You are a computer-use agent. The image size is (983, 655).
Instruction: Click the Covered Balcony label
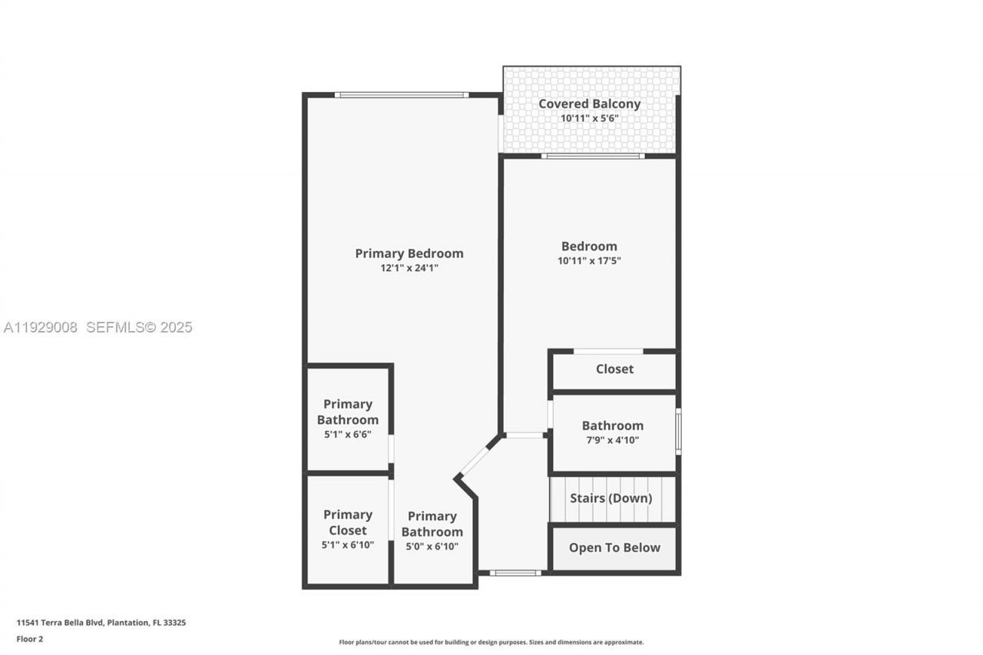[x=589, y=104]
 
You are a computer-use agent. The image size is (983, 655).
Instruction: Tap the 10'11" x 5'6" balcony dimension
[x=589, y=118]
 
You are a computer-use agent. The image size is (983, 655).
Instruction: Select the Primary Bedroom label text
[x=409, y=253]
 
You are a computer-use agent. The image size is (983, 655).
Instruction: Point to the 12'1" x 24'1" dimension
[x=409, y=268]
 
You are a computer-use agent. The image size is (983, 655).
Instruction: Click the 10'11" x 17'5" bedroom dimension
[x=589, y=260]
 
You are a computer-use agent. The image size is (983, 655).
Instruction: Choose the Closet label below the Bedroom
[x=614, y=369]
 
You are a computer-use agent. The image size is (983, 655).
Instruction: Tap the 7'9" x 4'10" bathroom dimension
[x=612, y=440]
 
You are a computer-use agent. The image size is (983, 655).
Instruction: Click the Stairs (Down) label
[x=611, y=498]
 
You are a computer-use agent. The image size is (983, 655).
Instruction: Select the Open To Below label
[x=614, y=547]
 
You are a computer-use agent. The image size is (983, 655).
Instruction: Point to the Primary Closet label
[x=347, y=522]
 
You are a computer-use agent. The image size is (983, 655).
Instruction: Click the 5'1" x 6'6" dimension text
[x=347, y=434]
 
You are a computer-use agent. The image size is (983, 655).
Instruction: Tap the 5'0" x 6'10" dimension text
[x=432, y=546]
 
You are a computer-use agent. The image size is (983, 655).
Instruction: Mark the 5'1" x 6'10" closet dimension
[x=347, y=544]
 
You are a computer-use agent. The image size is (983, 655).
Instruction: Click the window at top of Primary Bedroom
[x=401, y=95]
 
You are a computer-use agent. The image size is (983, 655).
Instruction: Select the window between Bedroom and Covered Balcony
[x=592, y=156]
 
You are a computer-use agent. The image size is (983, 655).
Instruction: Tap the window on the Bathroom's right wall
[x=678, y=432]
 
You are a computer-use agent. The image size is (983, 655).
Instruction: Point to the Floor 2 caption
[x=30, y=639]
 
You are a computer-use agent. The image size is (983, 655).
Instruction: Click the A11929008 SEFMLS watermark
[x=98, y=328]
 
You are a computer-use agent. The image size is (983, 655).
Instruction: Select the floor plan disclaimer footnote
[x=491, y=642]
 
